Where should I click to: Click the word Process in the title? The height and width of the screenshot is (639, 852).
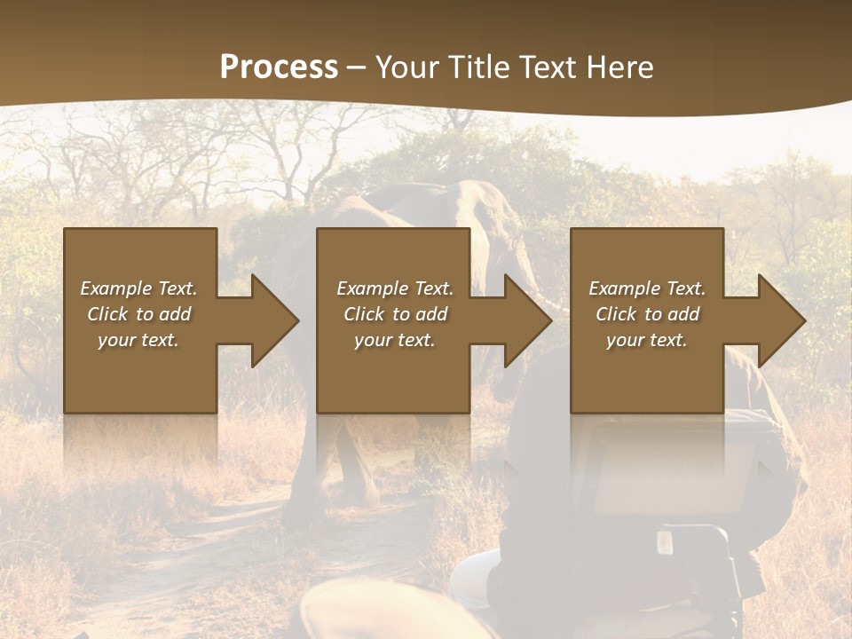279,67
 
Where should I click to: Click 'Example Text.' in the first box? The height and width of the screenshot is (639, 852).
138,288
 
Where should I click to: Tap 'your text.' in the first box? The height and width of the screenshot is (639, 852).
138,340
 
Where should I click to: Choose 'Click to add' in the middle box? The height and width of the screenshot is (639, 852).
395,314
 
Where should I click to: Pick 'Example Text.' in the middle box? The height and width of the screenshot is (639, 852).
395,288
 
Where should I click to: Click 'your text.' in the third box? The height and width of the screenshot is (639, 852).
647,340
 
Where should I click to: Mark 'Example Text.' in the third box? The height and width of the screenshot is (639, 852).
647,288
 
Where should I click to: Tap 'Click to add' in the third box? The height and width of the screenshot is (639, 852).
647,314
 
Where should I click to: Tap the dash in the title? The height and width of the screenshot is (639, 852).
356,68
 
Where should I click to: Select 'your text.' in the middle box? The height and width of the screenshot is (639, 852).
395,340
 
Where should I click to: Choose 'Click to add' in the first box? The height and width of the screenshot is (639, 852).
138,314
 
